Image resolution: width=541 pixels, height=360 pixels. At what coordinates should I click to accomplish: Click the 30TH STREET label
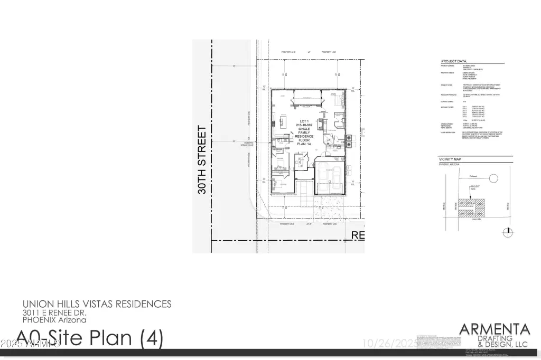201,160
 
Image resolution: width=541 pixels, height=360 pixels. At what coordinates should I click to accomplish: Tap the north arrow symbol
508,231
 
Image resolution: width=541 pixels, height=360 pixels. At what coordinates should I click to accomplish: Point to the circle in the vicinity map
493,178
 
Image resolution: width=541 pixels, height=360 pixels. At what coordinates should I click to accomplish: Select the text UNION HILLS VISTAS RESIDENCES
97,304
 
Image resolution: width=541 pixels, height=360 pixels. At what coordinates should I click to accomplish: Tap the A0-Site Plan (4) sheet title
90,337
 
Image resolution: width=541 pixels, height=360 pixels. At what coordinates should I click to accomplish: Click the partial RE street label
358,235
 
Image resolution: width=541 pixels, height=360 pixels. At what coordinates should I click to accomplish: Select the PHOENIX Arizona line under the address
54,320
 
